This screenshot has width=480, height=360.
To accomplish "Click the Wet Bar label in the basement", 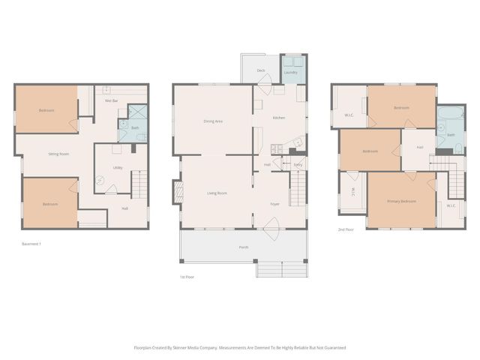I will coord(111,100).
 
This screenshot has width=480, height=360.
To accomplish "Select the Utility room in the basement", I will coord(118,167).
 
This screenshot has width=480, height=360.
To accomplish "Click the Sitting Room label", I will coord(58,154).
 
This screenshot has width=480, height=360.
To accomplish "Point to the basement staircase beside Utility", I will coord(136,184).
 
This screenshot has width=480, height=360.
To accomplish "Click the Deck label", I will coord(261,70).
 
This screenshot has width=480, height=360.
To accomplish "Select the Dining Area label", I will coord(214,121).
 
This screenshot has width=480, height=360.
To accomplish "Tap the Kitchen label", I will coord(278,118).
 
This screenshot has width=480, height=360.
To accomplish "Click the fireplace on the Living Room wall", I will coord(178,192).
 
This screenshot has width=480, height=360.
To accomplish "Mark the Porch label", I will coord(244,247).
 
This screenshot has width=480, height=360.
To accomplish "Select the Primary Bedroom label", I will coord(401,202).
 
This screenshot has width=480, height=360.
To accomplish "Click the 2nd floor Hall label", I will coord(419,147).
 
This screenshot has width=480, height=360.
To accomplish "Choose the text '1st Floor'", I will coord(187,277).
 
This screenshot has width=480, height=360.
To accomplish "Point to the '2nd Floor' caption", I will coord(346,229).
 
